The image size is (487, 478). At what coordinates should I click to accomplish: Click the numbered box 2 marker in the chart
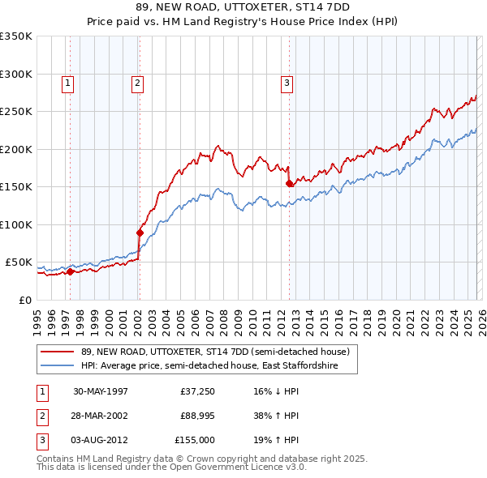tap(138, 82)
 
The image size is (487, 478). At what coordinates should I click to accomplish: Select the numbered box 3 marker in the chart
tap(287, 82)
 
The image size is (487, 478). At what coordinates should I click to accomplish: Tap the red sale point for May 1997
tap(71, 272)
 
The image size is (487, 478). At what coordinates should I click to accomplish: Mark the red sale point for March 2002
tap(140, 233)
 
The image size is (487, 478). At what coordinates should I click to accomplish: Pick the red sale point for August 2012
tap(289, 184)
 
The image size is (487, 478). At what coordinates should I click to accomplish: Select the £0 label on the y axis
tap(25, 300)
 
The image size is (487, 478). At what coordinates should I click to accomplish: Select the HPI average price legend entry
tap(219, 366)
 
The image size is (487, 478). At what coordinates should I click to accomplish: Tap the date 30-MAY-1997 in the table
tap(101, 391)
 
